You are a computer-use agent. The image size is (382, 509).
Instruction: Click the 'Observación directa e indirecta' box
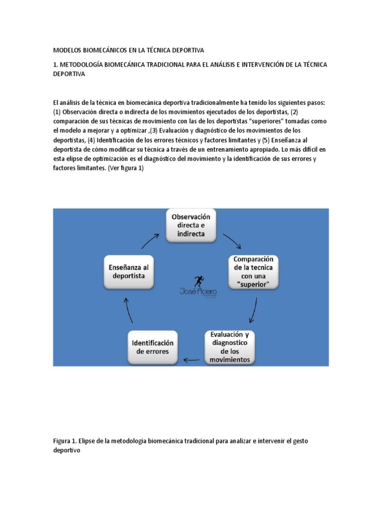coord(191,225)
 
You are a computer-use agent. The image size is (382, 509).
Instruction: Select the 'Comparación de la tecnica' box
coord(254,272)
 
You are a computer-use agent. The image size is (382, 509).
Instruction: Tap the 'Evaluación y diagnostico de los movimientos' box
coord(230,346)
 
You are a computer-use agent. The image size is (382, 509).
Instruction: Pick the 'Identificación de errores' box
coord(152,346)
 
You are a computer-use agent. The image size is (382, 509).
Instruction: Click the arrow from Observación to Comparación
coord(232,241)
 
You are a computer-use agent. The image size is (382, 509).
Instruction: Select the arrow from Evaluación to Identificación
coord(191,358)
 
